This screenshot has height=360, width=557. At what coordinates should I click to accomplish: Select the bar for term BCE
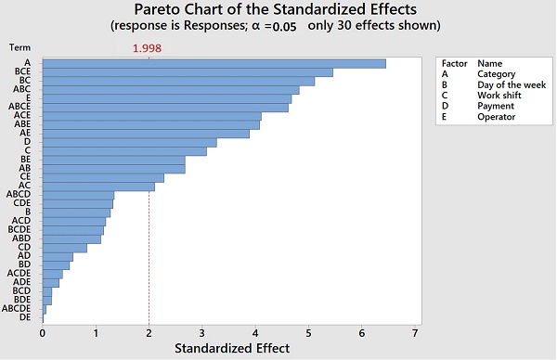pyautogui.click(x=187, y=71)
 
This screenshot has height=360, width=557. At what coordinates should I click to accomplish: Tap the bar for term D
pyautogui.click(x=129, y=142)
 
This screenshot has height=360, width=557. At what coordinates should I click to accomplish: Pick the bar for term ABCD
pyautogui.click(x=78, y=194)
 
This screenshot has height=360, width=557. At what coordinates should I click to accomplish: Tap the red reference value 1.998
pyautogui.click(x=149, y=49)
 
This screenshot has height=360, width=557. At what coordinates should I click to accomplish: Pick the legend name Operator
pyautogui.click(x=497, y=117)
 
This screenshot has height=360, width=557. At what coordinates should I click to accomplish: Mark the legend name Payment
pyautogui.click(x=497, y=106)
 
